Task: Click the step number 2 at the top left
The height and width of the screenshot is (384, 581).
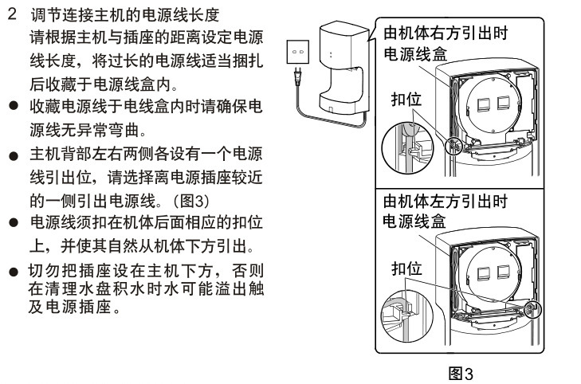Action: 13,16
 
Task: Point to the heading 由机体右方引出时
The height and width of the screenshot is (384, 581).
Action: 446,34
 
